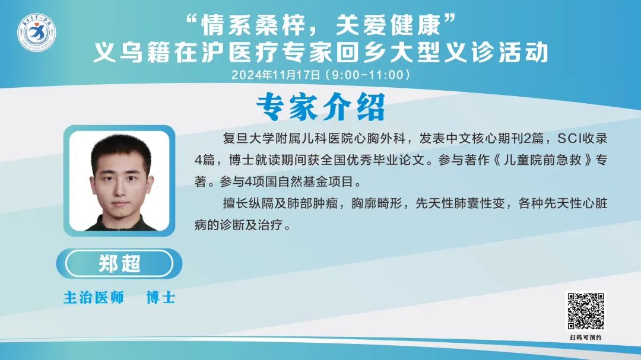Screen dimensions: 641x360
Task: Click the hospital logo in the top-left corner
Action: [36, 33]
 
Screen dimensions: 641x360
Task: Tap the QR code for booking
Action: [585, 311]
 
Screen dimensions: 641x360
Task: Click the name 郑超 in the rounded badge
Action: [119, 263]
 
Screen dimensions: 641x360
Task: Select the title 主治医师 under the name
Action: [94, 298]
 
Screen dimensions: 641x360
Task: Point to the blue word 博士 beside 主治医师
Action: [161, 298]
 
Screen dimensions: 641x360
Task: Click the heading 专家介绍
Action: [321, 107]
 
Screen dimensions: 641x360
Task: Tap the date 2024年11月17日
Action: [276, 75]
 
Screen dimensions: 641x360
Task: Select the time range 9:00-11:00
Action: [367, 75]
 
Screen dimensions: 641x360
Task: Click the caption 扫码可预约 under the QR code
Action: [586, 337]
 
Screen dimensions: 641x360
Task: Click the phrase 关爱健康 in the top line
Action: [388, 25]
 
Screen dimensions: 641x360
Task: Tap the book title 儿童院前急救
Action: [542, 160]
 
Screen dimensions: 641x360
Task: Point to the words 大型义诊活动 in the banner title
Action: [468, 53]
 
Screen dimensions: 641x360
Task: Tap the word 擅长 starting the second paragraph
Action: [236, 203]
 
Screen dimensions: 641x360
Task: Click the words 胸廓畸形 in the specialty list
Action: [377, 203]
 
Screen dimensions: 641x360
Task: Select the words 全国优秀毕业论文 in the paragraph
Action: [373, 160]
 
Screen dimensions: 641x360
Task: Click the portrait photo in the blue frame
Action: [119, 181]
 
